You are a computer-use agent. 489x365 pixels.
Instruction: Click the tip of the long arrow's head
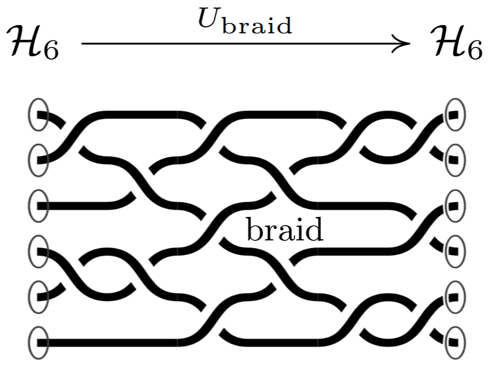point(410,43)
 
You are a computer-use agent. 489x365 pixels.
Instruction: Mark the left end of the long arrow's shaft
point(81,43)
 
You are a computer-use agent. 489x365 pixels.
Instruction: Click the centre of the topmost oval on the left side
point(38,114)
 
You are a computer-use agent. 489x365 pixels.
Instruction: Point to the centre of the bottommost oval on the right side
point(455,343)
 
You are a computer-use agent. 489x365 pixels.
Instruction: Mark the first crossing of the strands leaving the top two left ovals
point(72,137)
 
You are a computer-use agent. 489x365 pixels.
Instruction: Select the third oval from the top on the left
point(38,206)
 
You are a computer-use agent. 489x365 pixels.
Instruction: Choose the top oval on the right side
point(455,114)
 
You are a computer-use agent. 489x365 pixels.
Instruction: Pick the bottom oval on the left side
point(38,343)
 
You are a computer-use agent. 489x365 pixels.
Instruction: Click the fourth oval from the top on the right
point(455,251)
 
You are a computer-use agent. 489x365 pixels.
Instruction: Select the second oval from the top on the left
point(38,160)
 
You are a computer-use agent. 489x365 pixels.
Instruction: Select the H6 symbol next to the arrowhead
point(456,42)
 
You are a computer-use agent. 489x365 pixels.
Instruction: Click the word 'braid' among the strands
point(285,229)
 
